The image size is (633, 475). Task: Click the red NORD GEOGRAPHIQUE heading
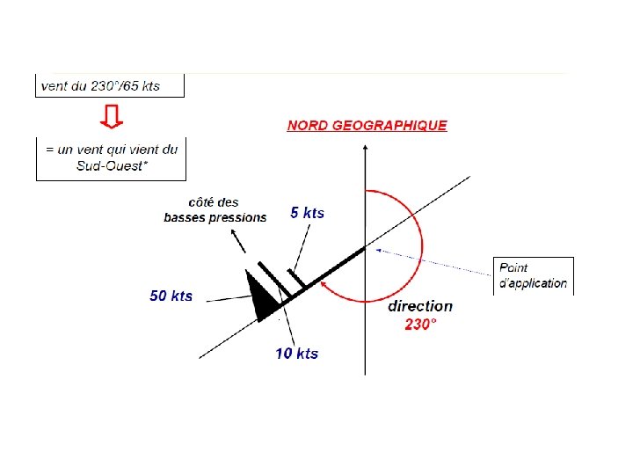click(367, 126)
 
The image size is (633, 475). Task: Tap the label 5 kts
click(307, 213)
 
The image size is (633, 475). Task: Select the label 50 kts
click(171, 296)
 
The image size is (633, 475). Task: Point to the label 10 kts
click(296, 354)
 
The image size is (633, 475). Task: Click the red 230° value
click(420, 325)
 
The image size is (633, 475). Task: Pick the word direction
click(420, 307)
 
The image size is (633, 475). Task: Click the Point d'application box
click(533, 275)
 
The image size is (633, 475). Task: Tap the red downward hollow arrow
click(111, 116)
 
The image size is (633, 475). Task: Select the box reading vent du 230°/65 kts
click(110, 85)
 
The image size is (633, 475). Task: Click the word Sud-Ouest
click(109, 165)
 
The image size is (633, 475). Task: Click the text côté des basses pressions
click(215, 210)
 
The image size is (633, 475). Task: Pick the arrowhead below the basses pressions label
click(234, 233)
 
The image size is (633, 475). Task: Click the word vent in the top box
click(55, 85)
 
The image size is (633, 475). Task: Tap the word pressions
click(237, 217)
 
